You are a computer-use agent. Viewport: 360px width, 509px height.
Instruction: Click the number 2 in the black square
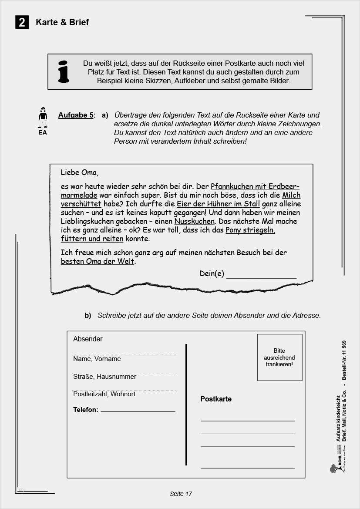pos(22,22)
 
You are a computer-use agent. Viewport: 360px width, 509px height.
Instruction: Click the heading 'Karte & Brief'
pos(62,22)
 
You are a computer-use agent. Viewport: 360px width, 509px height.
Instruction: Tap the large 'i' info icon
pos(64,72)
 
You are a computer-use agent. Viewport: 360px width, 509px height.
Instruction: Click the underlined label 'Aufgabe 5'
pos(76,115)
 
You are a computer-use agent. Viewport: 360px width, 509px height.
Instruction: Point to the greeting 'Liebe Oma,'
pos(80,172)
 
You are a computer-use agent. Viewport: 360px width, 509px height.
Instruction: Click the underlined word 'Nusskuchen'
pos(194,221)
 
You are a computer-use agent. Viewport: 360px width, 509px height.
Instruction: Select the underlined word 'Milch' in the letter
pos(291,196)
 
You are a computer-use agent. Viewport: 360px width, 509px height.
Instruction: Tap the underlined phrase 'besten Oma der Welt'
pos(98,262)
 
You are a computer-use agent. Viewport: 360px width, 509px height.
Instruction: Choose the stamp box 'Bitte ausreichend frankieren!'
pos(279,357)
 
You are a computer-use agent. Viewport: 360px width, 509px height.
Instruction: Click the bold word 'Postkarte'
pos(216,399)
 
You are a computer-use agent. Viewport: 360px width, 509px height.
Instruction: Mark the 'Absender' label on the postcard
pos(88,339)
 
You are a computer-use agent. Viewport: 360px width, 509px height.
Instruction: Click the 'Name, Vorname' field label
pos(97,359)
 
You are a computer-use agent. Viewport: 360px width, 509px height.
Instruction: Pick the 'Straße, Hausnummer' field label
pos(104,377)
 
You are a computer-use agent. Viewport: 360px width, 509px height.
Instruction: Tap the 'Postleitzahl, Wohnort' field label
pos(104,394)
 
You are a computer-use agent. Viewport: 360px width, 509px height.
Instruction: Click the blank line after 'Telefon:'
pos(138,411)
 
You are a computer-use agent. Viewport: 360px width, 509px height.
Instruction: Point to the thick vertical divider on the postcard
pos(186,405)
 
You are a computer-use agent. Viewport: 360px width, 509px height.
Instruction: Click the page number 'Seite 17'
pos(181,494)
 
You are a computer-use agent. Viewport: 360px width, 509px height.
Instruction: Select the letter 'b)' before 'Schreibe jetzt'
pos(87,316)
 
